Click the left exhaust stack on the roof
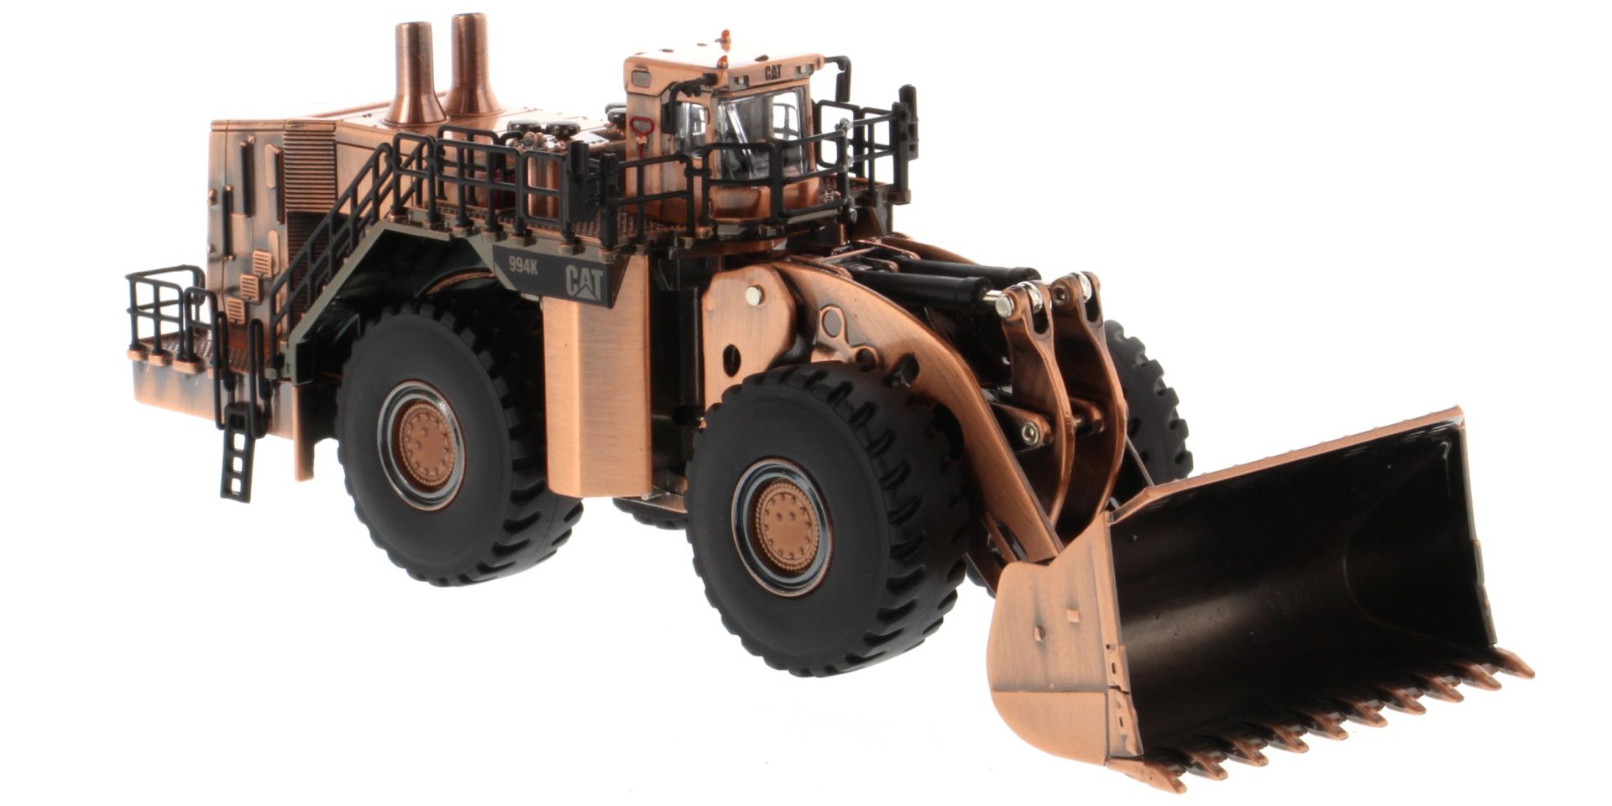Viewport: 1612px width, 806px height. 414,76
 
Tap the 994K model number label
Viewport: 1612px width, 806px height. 523,265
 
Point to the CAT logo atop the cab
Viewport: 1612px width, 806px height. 772,73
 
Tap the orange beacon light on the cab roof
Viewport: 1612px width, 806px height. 725,38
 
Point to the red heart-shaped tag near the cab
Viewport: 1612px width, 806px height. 642,127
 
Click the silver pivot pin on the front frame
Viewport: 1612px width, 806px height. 754,295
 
